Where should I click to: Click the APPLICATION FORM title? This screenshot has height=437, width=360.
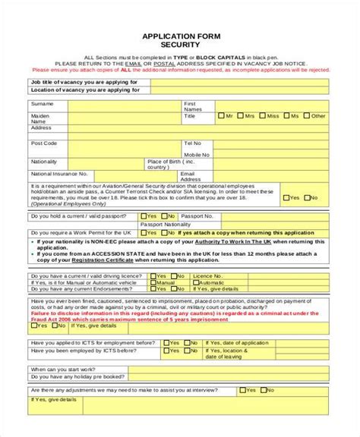(179, 36)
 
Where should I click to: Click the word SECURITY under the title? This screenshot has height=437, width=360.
(179, 45)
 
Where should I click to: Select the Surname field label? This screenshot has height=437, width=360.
(43, 103)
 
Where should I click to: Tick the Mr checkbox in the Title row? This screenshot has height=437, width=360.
(220, 116)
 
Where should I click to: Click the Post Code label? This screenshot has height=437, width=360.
(44, 143)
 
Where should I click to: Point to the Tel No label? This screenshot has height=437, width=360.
(192, 143)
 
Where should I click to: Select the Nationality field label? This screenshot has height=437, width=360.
(44, 162)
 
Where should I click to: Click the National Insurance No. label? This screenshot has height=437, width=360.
(60, 174)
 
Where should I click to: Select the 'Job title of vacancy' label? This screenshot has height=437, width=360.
(84, 81)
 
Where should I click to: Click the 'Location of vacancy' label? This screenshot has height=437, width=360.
(85, 90)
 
